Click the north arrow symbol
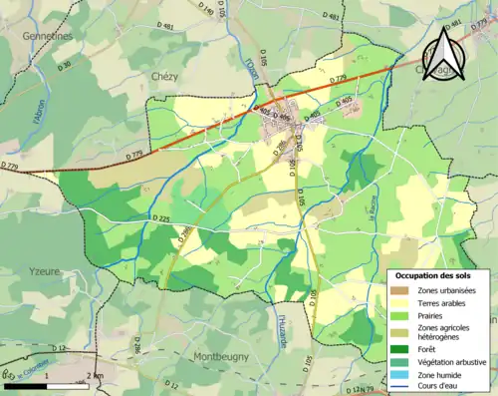tap(440, 55)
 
